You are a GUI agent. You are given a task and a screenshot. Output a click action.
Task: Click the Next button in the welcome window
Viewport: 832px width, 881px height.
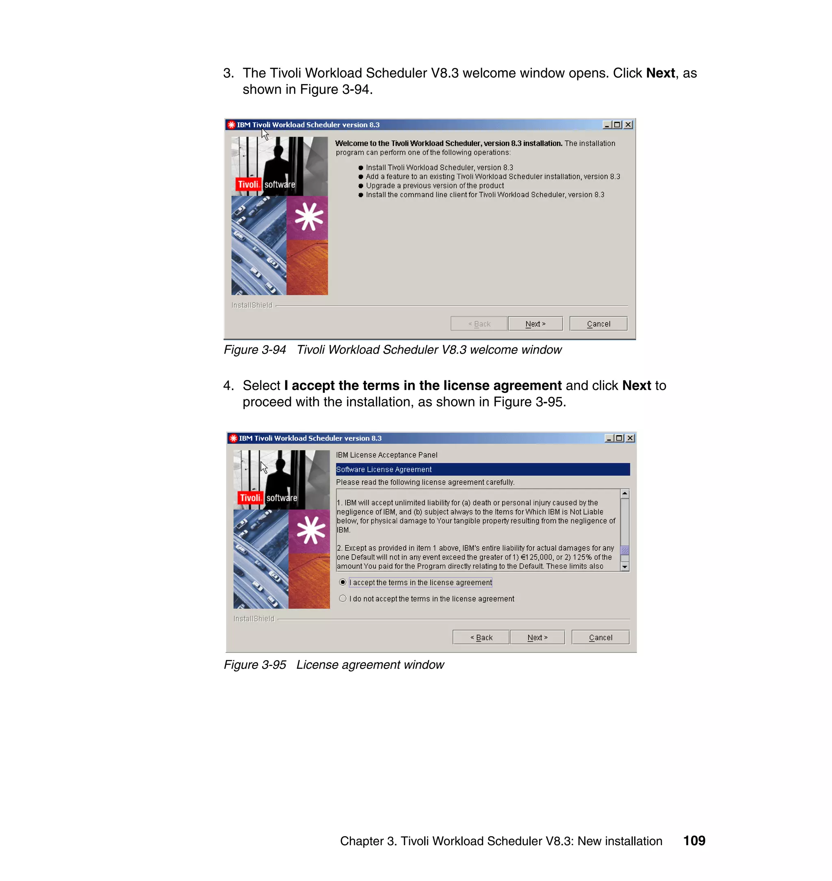tap(535, 324)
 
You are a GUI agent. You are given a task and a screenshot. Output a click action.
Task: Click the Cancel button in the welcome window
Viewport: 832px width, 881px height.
tap(598, 324)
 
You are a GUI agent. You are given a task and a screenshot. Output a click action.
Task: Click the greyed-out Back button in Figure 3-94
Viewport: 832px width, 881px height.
tap(479, 324)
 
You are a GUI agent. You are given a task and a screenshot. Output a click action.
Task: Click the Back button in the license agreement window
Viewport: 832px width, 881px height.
tap(481, 638)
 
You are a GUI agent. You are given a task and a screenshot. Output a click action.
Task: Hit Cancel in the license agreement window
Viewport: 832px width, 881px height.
tap(600, 638)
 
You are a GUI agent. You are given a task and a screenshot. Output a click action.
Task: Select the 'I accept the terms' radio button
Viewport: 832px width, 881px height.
tap(343, 582)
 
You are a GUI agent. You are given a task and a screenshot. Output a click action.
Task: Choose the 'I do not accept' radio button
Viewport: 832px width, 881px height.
tap(343, 599)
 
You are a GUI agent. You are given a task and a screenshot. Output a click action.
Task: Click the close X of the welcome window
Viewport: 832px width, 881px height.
tap(628, 125)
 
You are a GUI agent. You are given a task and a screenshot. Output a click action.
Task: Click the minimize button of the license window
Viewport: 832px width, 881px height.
tap(609, 438)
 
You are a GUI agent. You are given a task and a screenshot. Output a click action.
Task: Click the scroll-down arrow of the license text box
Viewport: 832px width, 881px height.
tap(624, 566)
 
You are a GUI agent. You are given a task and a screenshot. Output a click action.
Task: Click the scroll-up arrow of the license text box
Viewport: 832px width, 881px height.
tap(624, 494)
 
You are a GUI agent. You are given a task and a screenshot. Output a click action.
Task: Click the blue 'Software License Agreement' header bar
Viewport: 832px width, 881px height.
tap(483, 469)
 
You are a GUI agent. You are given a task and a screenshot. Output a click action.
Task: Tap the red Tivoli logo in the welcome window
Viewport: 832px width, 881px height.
tap(248, 184)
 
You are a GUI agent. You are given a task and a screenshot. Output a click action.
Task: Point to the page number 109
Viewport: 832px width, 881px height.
tap(694, 841)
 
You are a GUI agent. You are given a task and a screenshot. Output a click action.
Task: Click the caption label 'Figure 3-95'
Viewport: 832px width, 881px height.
tap(255, 664)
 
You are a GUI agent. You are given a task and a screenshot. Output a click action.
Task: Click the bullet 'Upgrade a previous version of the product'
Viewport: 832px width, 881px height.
tap(435, 185)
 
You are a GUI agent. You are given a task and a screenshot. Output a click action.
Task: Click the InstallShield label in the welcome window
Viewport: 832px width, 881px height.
tap(252, 305)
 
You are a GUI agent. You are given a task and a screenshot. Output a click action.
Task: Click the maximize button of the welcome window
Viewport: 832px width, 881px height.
tap(617, 125)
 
